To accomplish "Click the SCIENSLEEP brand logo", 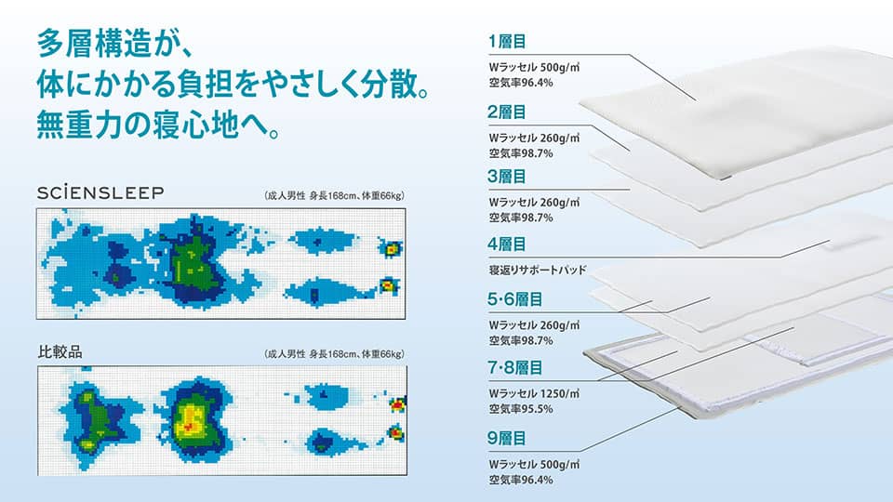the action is tap(100, 192).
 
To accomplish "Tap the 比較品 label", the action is tap(60, 351).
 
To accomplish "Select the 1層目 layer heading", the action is tap(507, 42).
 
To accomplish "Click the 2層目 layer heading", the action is tap(507, 112).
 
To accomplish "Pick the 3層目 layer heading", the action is tap(507, 177).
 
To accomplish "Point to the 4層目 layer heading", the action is tap(507, 244).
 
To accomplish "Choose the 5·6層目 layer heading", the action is tap(514, 299).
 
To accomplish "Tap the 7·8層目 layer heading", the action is tap(514, 368).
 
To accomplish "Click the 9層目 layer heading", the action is tap(507, 438).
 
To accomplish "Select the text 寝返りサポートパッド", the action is tap(537, 270).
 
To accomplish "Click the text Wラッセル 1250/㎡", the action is tap(534, 393).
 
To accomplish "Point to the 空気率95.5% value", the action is tap(521, 409).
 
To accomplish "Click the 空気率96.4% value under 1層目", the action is tap(521, 83).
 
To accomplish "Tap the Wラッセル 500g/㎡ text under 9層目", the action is tap(534, 464).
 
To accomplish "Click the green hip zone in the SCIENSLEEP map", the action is tap(193, 262).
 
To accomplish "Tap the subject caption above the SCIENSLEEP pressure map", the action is tap(334, 196).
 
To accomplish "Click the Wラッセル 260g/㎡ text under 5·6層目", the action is tap(534, 325).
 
